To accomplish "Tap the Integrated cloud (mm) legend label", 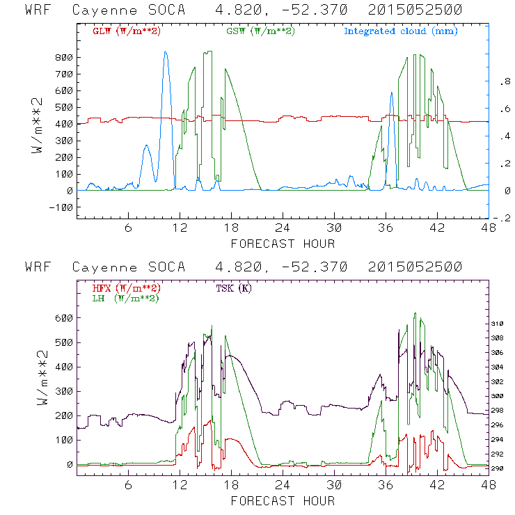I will [x=401, y=31].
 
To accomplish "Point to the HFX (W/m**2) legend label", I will [x=127, y=287].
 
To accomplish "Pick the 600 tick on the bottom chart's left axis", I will [x=63, y=318].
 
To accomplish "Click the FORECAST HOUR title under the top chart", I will [x=283, y=244].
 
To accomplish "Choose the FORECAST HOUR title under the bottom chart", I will [x=283, y=500].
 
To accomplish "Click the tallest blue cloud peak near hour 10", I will [x=166, y=51].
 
